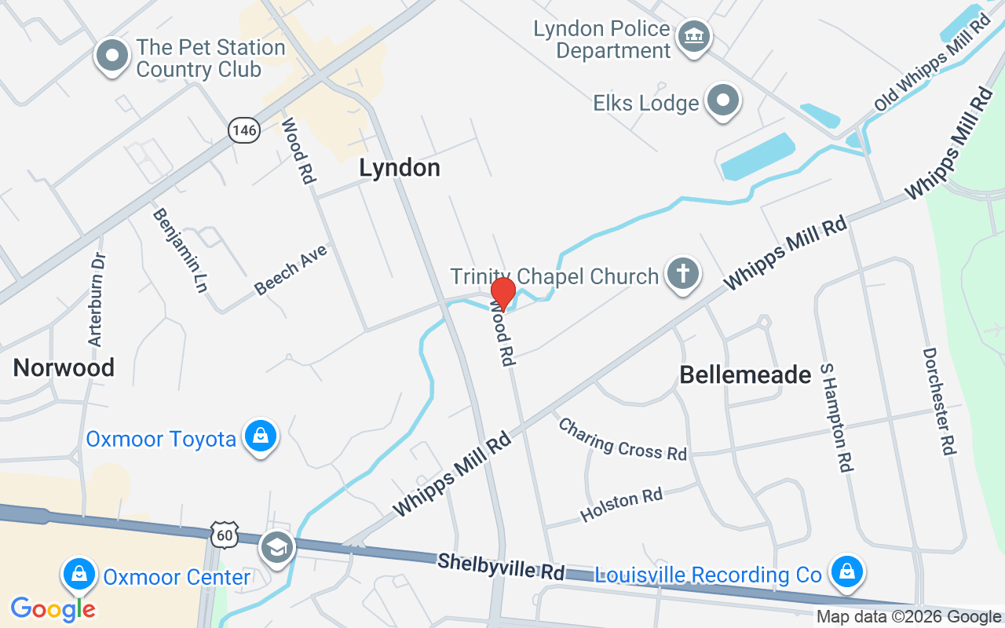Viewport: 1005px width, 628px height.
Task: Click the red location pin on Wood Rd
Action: click(502, 294)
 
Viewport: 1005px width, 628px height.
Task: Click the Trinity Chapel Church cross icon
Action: click(683, 275)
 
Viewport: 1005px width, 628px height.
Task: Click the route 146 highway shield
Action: click(244, 130)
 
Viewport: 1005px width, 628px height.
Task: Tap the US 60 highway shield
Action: click(224, 535)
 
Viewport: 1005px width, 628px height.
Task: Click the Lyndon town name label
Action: click(400, 167)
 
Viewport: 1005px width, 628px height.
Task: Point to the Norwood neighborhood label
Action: click(64, 367)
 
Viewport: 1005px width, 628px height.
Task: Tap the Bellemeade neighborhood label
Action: click(745, 374)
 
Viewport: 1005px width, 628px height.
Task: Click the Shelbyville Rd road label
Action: click(501, 566)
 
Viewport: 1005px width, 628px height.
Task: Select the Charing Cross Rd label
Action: click(623, 439)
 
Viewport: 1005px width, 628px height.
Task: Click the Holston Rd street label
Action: click(621, 504)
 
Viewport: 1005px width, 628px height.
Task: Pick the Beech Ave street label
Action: click(291, 270)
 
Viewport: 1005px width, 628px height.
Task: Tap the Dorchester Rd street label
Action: click(939, 401)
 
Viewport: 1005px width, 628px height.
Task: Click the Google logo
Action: click(53, 608)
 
